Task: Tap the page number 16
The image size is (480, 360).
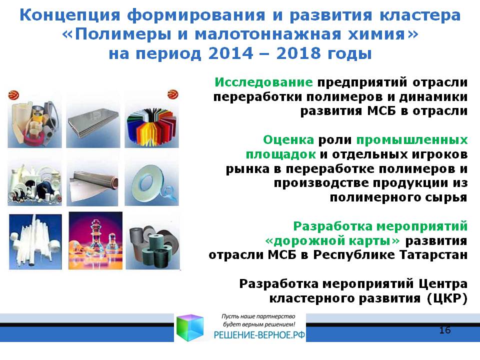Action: pyautogui.click(x=445, y=330)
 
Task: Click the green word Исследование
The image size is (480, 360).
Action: pyautogui.click(x=263, y=82)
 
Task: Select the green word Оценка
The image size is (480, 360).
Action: pyautogui.click(x=288, y=140)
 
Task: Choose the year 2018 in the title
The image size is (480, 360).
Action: pyautogui.click(x=299, y=53)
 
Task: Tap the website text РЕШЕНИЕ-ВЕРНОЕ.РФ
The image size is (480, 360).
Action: pyautogui.click(x=259, y=335)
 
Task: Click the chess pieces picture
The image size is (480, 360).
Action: pyautogui.click(x=95, y=240)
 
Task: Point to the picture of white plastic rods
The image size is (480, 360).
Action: pyautogui.click(x=35, y=241)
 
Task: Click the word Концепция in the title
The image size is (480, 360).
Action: pyautogui.click(x=70, y=15)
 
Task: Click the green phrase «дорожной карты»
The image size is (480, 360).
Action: pyautogui.click(x=332, y=240)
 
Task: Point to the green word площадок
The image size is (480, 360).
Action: pyautogui.click(x=280, y=154)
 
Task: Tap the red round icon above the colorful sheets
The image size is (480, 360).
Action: pyautogui.click(x=173, y=94)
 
